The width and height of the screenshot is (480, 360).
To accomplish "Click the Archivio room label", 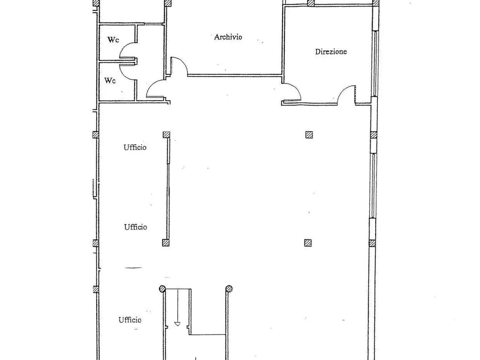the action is coord(228,37).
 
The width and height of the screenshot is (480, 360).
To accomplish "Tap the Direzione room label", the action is coord(331,52).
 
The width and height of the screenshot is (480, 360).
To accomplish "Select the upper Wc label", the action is coord(113,40).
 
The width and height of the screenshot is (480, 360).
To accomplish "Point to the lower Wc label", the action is coord(110,80).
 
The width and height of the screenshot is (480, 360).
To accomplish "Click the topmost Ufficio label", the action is coord(135,147).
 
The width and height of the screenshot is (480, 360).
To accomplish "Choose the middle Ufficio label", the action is coord(136,227).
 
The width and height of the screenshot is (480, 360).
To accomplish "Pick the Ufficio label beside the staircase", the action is coord(130,320).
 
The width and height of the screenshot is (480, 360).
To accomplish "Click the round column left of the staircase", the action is coord(162,289).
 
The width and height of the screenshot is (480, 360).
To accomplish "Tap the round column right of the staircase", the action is coord(229,289).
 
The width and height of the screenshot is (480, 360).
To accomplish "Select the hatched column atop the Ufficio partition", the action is coord(166,135).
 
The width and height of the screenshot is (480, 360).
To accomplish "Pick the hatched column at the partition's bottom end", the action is coord(166,243).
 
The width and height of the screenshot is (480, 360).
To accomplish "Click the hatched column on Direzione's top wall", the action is coord(311,3).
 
